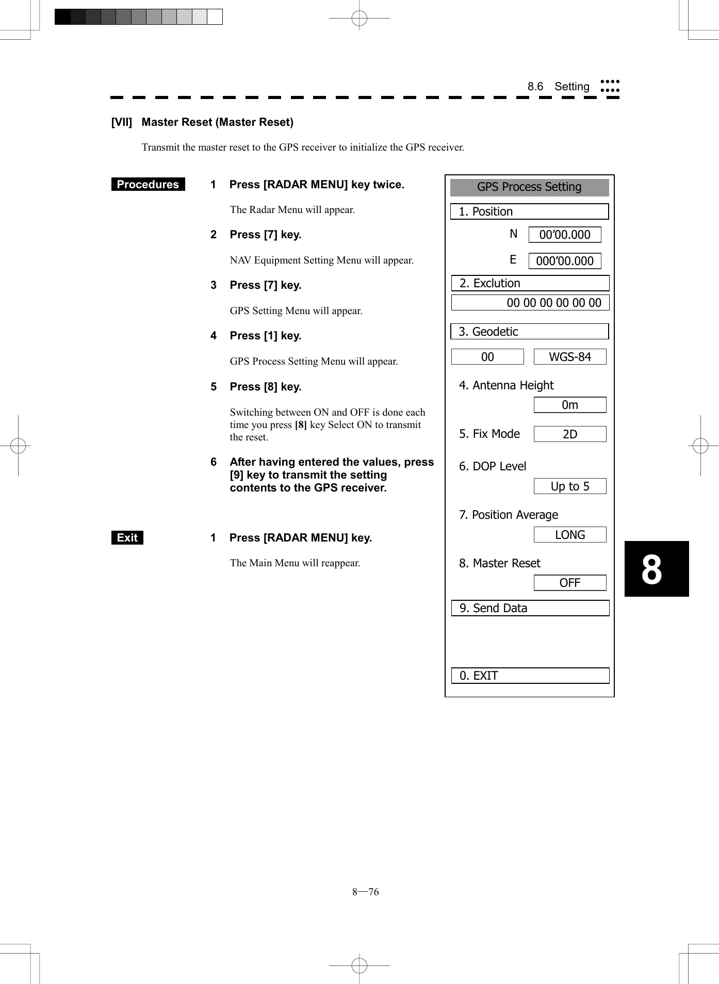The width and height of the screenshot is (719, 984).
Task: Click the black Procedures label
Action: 148,185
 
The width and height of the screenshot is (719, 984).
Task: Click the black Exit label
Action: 127,538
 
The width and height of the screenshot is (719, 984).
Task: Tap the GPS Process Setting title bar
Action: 529,187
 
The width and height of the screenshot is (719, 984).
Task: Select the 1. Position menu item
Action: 529,211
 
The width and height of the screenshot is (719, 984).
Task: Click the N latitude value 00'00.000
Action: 565,235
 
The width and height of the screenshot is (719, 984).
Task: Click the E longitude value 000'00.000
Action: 565,261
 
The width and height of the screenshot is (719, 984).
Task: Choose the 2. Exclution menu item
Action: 530,283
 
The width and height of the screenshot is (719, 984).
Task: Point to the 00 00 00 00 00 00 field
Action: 530,303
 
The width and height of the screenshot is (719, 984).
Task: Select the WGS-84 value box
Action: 569,357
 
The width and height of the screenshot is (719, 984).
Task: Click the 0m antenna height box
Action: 569,405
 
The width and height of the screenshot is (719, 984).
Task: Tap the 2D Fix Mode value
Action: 569,434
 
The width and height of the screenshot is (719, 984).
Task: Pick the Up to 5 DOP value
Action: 569,486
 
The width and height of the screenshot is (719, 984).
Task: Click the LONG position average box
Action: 569,535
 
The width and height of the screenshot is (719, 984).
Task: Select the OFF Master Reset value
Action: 569,583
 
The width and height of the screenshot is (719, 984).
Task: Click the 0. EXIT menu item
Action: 530,676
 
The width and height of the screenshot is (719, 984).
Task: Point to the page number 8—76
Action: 365,892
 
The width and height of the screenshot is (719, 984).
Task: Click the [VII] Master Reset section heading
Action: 202,122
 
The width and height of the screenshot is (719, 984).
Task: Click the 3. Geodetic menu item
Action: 529,332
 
